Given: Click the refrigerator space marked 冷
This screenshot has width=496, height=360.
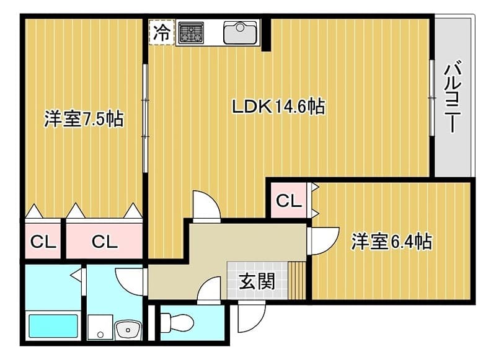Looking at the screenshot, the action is [162, 32].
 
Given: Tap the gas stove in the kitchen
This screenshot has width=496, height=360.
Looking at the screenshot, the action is [191, 33].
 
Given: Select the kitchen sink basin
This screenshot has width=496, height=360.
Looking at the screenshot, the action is [240, 32].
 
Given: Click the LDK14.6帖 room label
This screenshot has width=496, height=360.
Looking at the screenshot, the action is [278, 107].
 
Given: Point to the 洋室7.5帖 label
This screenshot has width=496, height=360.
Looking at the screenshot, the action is [84, 119].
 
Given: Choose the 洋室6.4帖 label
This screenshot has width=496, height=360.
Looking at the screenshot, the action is [392, 242].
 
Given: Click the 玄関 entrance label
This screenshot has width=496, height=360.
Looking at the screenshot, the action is [257, 281].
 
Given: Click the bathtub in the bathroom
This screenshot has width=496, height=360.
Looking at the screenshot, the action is [53, 325].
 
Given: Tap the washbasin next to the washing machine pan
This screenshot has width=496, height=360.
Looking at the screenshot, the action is [128, 330].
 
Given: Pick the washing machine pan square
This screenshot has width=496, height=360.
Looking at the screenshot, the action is [100, 327].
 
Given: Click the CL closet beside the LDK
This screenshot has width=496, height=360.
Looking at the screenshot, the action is [288, 200].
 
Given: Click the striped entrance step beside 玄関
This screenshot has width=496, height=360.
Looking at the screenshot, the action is [297, 280].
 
